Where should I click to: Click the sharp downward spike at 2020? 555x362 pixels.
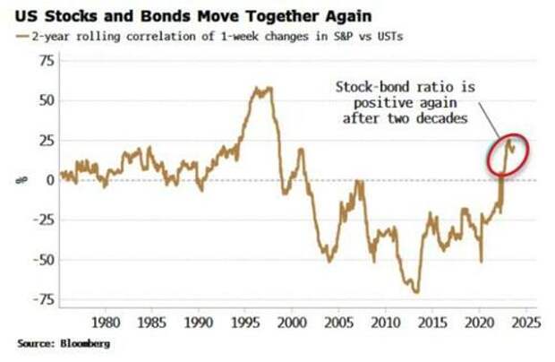point(481,261)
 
